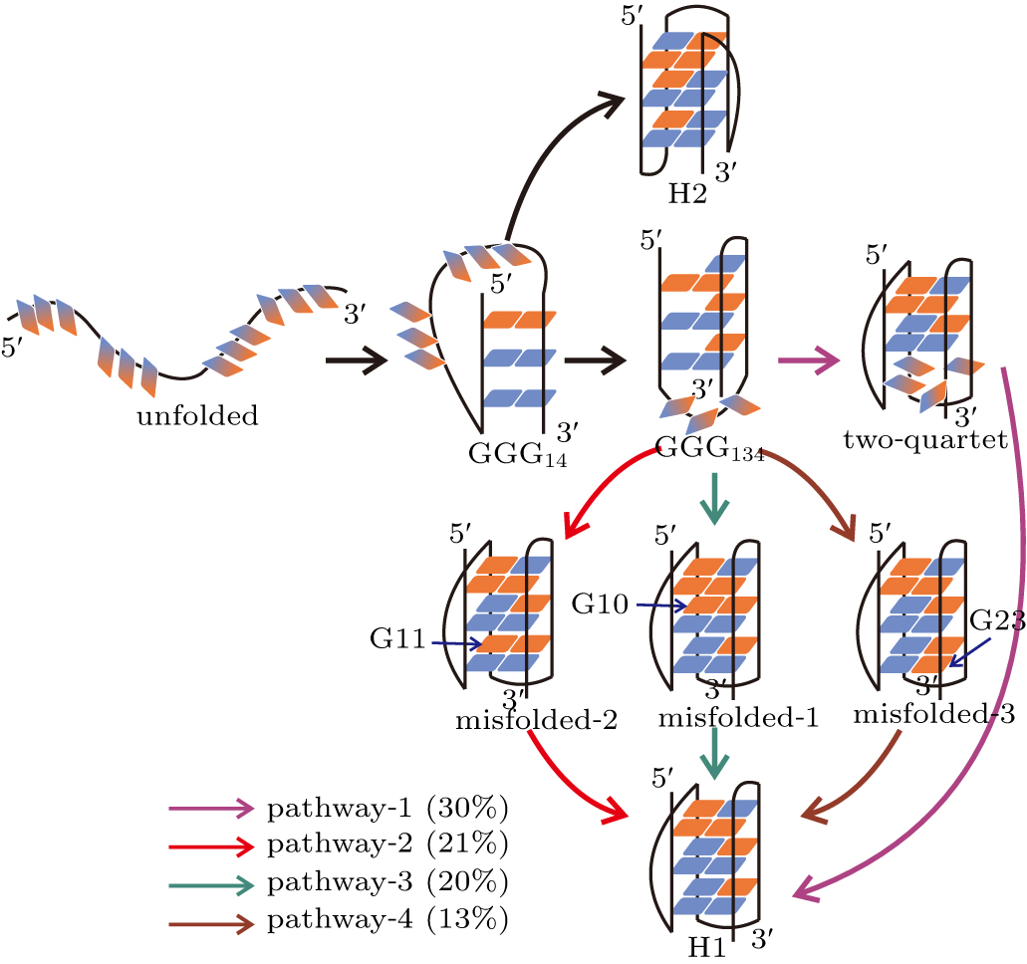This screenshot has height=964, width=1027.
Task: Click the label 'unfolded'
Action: tap(196, 415)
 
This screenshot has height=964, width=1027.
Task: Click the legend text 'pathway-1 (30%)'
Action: tap(387, 809)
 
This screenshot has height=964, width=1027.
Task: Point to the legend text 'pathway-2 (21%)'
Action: tap(387, 845)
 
